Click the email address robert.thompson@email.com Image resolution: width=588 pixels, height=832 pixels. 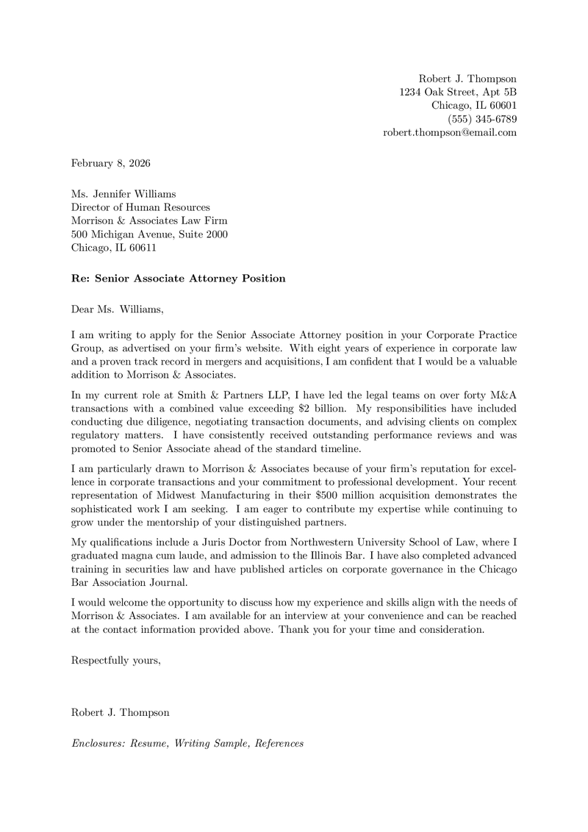coord(450,133)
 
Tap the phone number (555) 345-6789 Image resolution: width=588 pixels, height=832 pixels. coord(482,119)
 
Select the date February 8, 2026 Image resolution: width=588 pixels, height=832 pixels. coord(110,162)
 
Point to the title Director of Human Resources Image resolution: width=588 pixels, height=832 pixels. coord(140,208)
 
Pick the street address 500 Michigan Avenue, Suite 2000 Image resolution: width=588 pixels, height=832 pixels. coord(148,234)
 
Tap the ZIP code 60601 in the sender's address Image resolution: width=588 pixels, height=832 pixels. coord(501,106)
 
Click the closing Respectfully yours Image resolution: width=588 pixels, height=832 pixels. coord(115,660)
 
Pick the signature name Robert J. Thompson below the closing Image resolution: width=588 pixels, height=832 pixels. coord(120,712)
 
